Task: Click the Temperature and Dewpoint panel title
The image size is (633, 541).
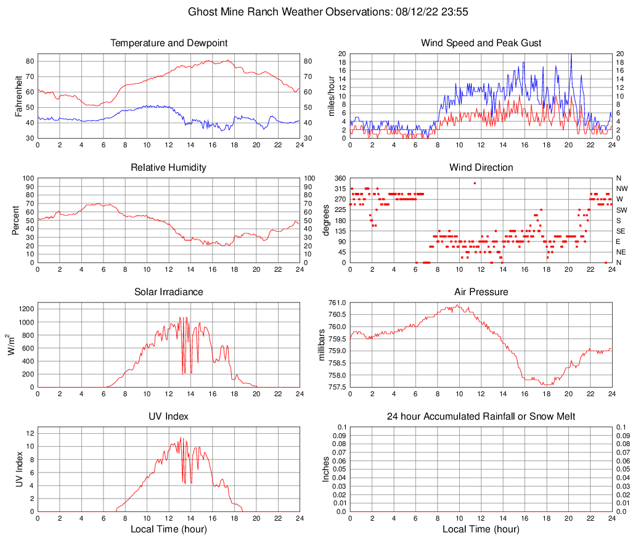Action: point(169,43)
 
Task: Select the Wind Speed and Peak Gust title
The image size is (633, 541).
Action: point(481,43)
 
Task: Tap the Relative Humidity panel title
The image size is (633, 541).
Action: point(169,168)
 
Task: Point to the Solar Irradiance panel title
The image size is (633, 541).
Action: point(169,291)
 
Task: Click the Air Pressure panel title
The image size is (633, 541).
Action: point(481,291)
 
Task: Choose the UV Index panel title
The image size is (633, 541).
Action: point(169,417)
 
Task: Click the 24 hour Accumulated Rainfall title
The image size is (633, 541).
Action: point(481,417)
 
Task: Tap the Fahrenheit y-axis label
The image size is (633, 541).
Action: point(18,96)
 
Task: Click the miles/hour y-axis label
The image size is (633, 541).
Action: point(331,96)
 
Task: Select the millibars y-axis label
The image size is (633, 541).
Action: point(321,344)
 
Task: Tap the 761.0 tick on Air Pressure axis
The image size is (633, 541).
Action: point(337,303)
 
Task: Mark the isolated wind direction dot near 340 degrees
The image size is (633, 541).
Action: point(475,183)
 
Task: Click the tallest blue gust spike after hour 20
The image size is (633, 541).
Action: point(571,55)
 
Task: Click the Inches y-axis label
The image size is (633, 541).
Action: point(326,469)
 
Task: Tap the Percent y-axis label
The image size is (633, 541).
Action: point(15,220)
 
